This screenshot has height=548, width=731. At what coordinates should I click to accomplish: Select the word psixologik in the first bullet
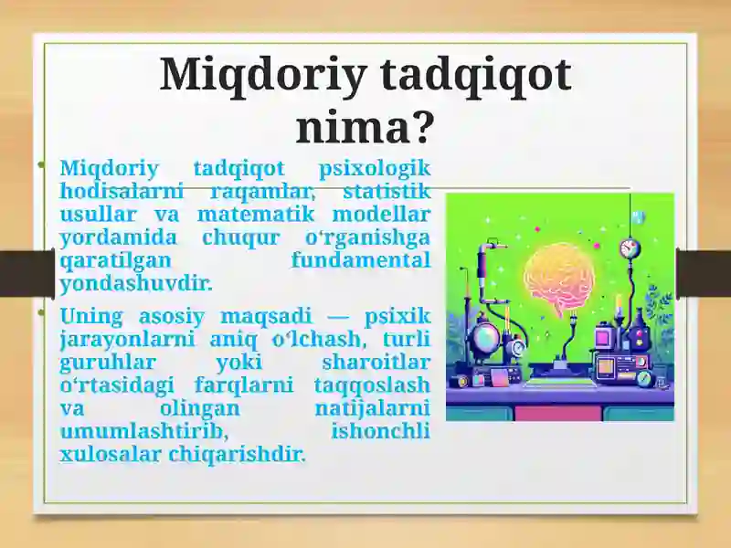(375, 169)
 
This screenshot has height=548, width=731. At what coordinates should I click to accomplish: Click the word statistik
(387, 192)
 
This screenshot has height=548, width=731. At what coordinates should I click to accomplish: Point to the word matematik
(256, 215)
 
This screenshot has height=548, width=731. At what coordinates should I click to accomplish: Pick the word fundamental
(360, 259)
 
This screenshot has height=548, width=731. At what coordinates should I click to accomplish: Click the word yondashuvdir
(136, 283)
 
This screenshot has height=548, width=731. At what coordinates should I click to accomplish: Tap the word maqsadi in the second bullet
(265, 317)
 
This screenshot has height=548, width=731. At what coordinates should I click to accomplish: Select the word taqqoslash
(372, 385)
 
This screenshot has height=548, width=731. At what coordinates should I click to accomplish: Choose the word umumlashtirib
(144, 431)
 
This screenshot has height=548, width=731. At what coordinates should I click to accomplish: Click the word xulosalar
(111, 454)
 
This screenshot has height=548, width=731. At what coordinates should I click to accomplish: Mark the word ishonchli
(380, 431)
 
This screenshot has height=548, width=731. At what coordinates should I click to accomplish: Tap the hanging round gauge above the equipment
(630, 248)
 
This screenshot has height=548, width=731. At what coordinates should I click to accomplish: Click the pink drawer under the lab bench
(558, 414)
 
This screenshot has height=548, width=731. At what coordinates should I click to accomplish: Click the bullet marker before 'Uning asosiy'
(41, 312)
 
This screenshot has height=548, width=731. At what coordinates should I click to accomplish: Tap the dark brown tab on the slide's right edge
(704, 273)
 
